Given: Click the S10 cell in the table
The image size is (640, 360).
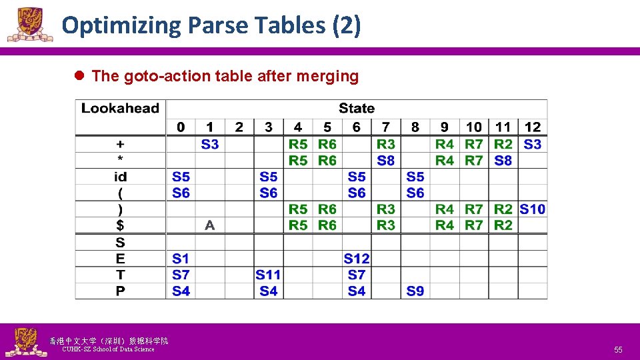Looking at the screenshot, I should click(x=532, y=209).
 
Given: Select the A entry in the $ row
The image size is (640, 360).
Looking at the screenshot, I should click(x=210, y=225).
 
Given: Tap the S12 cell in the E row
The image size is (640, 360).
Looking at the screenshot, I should click(x=357, y=259).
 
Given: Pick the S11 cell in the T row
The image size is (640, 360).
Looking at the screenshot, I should click(x=268, y=275).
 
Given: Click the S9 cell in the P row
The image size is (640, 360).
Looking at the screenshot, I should click(x=415, y=291).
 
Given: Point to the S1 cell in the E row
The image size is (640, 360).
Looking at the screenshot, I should click(x=181, y=259).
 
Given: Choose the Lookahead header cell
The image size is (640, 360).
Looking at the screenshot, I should click(x=120, y=109).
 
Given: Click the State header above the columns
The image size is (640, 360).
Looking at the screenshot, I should click(x=357, y=108).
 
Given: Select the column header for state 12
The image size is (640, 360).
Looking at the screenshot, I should click(x=533, y=127).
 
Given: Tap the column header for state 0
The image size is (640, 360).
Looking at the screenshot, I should click(x=181, y=127).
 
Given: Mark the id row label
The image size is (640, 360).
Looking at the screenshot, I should click(x=120, y=177).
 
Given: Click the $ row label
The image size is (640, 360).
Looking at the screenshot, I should click(x=120, y=225).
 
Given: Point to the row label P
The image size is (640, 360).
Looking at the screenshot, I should click(x=120, y=291).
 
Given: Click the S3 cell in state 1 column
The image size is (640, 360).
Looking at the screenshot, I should click(x=210, y=144).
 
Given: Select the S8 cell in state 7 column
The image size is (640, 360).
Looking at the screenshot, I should click(x=386, y=160).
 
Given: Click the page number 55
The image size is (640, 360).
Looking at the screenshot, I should click(x=618, y=349).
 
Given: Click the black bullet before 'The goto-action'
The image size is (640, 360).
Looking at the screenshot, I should click(x=78, y=76).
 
